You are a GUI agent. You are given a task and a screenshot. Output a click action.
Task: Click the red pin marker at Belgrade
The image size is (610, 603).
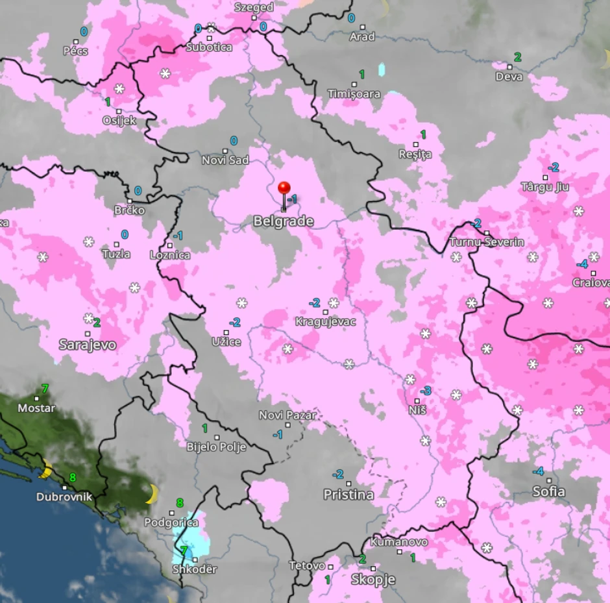pos(284,189)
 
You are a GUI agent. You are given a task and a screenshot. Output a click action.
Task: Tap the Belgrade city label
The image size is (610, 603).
pos(283,221)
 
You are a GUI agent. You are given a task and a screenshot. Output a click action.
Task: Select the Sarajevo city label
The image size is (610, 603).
pos(88,345)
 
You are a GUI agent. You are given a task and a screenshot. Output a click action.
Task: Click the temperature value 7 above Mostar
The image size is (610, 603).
pos(44,389)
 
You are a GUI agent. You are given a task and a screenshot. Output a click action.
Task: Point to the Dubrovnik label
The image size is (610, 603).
pos(64,497)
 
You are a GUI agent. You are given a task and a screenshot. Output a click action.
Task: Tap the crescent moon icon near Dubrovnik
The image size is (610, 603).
pos(45,470)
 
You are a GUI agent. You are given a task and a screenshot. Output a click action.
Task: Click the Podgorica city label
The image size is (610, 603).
pos(171,523)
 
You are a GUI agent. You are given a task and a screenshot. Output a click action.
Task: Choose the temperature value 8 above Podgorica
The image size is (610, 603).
pos(180,502)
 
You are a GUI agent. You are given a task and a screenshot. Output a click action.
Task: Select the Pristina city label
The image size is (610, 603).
pos(348,495)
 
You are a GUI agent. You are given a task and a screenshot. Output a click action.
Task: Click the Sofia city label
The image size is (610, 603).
pos(548,491)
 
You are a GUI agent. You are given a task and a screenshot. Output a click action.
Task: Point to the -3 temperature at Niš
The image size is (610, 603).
pos(426,391)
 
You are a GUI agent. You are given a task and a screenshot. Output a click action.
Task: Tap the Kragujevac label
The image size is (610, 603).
pos(326,321)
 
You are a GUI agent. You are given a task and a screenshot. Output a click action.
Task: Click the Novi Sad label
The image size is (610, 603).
pos(225,160)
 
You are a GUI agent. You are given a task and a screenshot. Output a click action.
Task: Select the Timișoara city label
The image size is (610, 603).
pos(354,94)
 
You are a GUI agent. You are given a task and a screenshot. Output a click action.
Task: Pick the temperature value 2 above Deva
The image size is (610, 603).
pos(517,56)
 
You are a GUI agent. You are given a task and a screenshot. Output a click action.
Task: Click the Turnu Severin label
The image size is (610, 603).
pos(487,242)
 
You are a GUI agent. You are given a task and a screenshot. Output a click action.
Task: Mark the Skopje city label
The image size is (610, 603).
pos(372,580)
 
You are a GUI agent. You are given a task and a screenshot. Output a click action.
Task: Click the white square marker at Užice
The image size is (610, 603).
pos(226,333)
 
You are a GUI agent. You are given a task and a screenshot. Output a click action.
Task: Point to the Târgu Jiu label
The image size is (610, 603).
pos(544,187)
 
